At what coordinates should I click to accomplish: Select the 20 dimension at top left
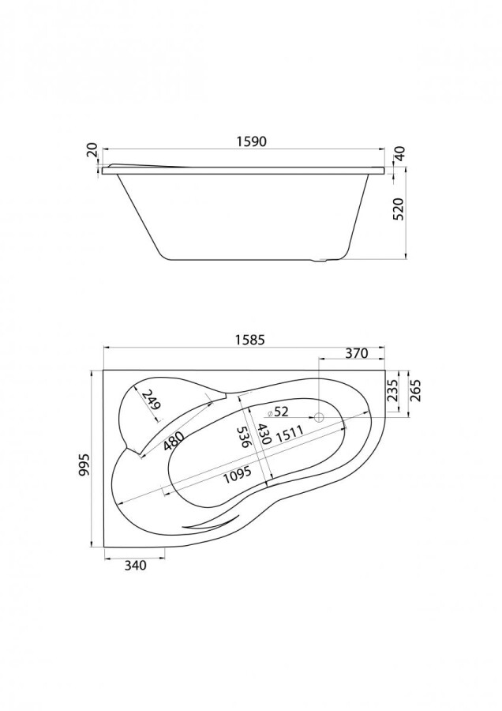pyautogui.click(x=92, y=151)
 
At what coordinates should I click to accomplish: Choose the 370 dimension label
pyautogui.click(x=357, y=354)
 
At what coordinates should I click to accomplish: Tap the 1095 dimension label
pyautogui.click(x=236, y=475)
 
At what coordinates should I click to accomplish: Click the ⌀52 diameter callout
pyautogui.click(x=278, y=411)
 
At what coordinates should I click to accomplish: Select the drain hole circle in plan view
pyautogui.click(x=320, y=418)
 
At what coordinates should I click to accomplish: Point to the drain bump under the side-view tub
pyautogui.click(x=321, y=261)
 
